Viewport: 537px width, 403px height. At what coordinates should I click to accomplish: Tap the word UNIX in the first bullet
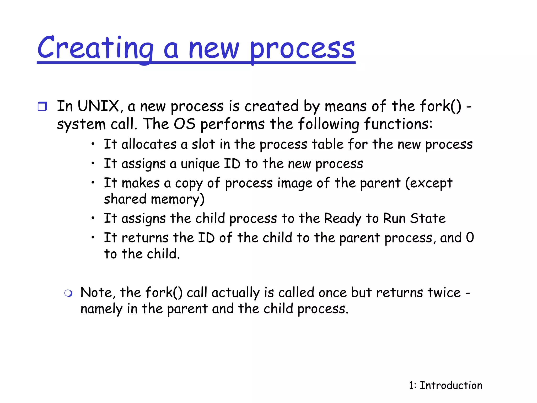tap(99, 106)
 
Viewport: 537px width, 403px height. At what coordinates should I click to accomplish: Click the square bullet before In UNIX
tap(42, 107)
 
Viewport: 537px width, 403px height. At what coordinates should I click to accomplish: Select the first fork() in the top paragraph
tap(440, 106)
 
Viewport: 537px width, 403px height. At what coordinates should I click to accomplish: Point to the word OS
tap(185, 124)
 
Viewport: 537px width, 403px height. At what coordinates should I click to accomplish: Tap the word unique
tap(200, 164)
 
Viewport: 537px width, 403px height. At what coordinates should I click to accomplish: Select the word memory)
tap(178, 199)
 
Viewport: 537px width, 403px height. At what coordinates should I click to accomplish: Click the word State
tap(428, 219)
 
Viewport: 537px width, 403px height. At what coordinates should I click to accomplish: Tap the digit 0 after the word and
tap(470, 238)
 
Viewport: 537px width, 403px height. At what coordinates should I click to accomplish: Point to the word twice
tap(444, 293)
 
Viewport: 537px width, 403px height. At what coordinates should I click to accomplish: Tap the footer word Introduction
tap(451, 385)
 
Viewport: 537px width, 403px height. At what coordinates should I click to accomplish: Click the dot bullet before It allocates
tap(93, 144)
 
